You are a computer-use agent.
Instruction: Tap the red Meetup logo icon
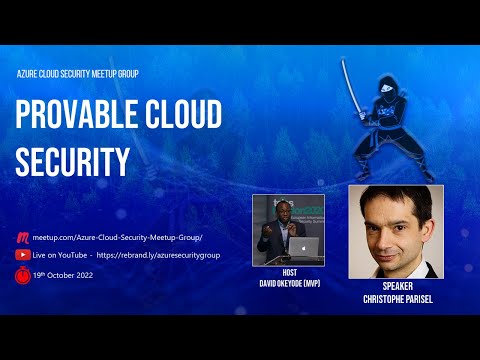[x=22, y=237]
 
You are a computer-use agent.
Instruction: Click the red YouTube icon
[x=22, y=255]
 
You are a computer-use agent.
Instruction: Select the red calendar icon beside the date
[x=22, y=273]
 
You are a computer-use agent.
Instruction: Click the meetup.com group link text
[x=117, y=237]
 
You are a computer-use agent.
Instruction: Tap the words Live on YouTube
[x=61, y=255]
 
